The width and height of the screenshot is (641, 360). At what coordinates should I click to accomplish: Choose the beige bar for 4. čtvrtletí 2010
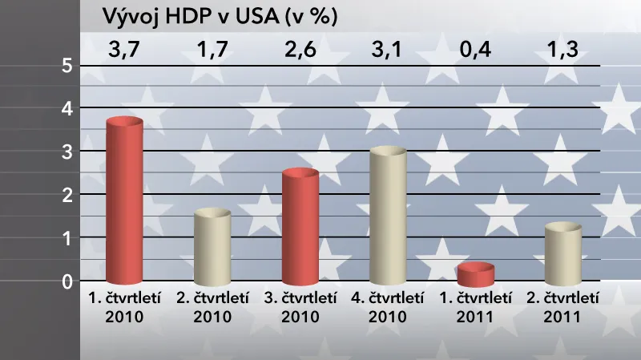point(389,216)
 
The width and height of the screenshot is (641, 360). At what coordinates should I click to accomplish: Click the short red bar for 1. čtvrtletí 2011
point(476,275)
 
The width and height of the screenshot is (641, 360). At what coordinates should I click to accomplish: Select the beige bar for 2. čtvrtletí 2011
point(563,254)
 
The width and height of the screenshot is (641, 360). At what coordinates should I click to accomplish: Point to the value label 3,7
point(124,53)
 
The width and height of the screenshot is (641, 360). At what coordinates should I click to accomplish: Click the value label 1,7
point(212,53)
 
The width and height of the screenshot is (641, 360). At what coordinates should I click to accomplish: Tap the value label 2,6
point(300,53)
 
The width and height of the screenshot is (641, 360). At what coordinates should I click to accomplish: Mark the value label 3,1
point(389,53)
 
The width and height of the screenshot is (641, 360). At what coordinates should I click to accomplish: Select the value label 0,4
point(476,53)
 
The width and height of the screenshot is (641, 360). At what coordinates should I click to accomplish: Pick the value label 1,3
point(563,53)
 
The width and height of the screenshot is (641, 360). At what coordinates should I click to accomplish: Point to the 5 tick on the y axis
point(67,65)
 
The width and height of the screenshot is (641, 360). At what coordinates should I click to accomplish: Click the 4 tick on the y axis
point(67,108)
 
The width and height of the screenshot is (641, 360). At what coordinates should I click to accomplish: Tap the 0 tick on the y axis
point(67,281)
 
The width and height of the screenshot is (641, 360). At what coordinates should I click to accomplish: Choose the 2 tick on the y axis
point(67,195)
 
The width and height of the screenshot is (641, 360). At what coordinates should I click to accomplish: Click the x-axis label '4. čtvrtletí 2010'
point(389,306)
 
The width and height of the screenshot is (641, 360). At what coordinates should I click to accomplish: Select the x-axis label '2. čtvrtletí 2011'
point(563,306)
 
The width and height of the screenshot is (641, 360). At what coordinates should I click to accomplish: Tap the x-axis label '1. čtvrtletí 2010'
point(124,306)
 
